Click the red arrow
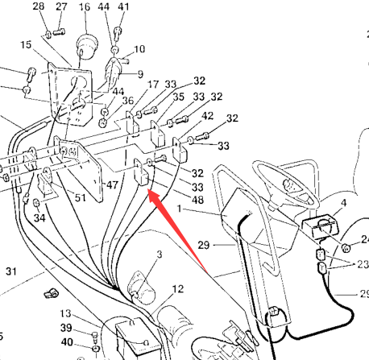pos(178,231)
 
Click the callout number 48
pos(197,200)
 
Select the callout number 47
pos(112,184)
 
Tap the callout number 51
pos(80,198)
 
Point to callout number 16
pos(85,6)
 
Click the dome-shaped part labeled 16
pos(87,45)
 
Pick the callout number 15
pos(26,44)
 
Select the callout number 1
pos(180,208)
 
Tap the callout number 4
pos(343,203)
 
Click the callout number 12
pos(178,289)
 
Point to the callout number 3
pos(160,254)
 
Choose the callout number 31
pos(11,271)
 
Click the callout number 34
pos(39,217)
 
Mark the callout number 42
pos(207,116)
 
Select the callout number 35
pos(178,97)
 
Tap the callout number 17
pos(153,85)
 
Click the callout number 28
pos(39,6)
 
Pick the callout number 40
pos(67,342)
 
